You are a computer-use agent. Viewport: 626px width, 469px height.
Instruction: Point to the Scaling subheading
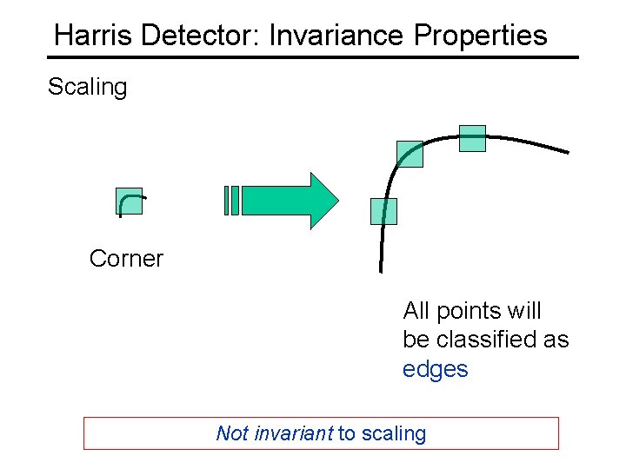(87, 87)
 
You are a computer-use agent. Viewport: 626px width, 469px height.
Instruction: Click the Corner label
(126, 259)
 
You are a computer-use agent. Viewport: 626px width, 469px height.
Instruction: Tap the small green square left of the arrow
(130, 201)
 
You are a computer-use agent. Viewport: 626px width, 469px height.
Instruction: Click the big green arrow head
(323, 201)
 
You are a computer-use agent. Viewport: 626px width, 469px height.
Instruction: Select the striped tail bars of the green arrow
(230, 201)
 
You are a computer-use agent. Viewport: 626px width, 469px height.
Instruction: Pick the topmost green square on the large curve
(472, 138)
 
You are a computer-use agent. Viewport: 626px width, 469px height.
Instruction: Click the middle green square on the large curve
(410, 154)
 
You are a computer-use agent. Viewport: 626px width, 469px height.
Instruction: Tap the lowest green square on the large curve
(383, 211)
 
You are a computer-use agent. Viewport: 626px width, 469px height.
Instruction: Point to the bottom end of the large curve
(380, 269)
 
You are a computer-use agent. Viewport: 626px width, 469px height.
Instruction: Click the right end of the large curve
(566, 152)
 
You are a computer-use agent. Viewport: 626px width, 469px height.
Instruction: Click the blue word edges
(435, 369)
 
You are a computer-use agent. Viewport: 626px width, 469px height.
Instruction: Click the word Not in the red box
(232, 433)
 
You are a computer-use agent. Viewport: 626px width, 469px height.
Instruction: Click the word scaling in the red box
(392, 433)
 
